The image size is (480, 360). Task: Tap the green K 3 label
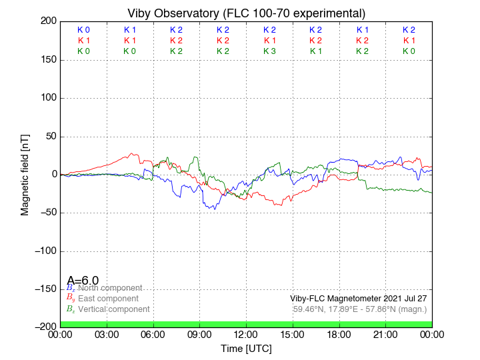pos(269,51)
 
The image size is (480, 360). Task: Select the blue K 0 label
pos(83,30)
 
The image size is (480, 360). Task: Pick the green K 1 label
pos(316,51)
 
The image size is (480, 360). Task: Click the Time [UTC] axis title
pos(246,349)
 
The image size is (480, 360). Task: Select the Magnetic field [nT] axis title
pos(25,174)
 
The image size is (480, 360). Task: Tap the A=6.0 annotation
pos(83,281)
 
